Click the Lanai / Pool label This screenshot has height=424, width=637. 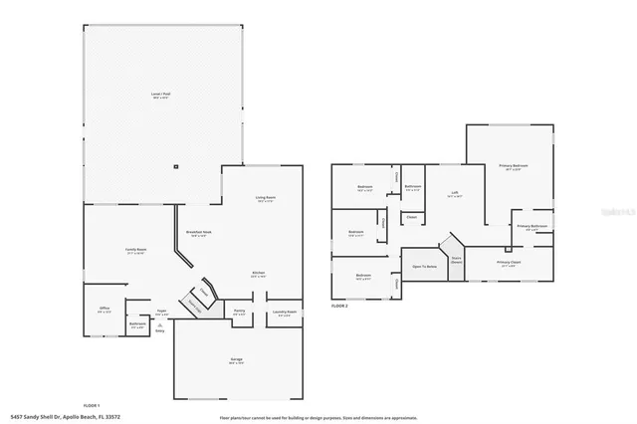click(x=160, y=96)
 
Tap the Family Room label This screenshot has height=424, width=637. click(x=135, y=250)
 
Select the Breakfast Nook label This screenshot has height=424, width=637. click(x=197, y=234)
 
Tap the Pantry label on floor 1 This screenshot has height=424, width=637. click(x=239, y=312)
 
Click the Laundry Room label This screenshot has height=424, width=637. click(x=285, y=313)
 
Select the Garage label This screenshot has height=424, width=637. click(x=236, y=363)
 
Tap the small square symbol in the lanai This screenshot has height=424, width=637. click(x=176, y=165)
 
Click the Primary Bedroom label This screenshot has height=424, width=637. click(x=513, y=166)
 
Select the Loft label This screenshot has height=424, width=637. click(x=454, y=194)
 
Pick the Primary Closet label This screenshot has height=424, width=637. click(x=509, y=265)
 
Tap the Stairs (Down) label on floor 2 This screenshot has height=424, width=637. click(x=456, y=259)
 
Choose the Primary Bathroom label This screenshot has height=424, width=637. click(x=532, y=227)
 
